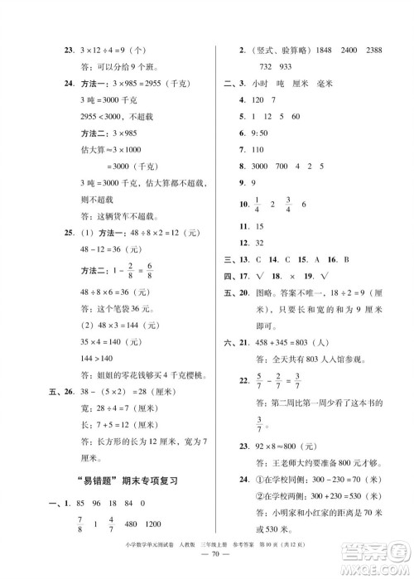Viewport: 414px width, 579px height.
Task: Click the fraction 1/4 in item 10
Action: (258, 204)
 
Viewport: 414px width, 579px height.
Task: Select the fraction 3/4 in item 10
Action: (289, 204)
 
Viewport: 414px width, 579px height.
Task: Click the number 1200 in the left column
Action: (152, 524)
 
